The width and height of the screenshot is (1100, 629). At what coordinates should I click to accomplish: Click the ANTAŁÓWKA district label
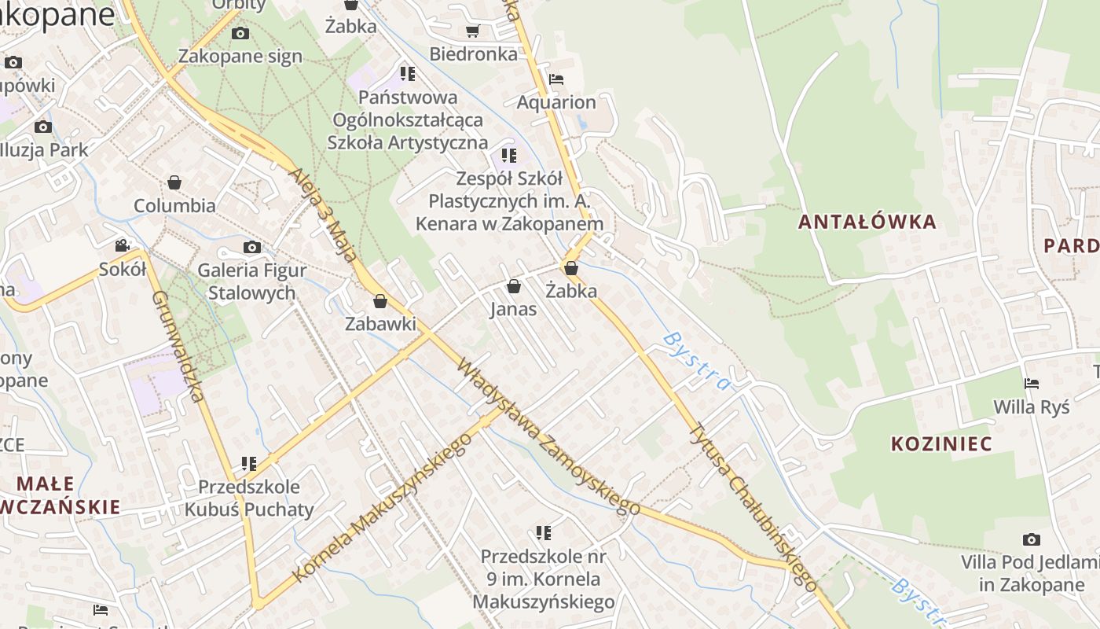[x=867, y=222]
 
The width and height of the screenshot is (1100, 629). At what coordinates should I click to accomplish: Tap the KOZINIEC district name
[x=941, y=443]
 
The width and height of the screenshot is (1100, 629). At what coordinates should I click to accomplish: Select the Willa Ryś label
[x=1031, y=407]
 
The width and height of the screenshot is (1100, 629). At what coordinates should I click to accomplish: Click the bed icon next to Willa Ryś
[x=1031, y=384]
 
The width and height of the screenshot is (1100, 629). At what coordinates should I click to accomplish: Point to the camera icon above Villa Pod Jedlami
[x=1031, y=539]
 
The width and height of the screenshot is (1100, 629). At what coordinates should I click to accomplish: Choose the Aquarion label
[x=555, y=102]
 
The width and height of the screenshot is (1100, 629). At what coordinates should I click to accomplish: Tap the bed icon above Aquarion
[x=555, y=79]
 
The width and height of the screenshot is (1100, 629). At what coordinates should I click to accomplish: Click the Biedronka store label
[x=473, y=54]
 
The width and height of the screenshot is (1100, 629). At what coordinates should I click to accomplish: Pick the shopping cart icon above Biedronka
[x=472, y=31]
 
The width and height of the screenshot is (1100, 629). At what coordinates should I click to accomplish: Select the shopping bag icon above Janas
[x=513, y=286]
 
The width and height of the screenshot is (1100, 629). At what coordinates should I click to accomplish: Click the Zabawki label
[x=380, y=324]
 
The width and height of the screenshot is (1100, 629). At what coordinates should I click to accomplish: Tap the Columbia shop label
[x=174, y=206]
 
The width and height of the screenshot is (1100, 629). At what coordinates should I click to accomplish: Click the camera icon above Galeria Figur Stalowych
[x=251, y=248]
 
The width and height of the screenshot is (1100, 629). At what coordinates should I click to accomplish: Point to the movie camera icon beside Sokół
[x=122, y=246]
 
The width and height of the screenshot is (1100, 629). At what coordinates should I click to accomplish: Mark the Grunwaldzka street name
[x=178, y=346]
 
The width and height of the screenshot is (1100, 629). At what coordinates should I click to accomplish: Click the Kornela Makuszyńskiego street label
[x=382, y=508]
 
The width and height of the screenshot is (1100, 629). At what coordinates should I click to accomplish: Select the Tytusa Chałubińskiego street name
[x=753, y=506]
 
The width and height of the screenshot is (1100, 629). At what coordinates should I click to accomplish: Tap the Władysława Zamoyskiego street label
[x=548, y=437]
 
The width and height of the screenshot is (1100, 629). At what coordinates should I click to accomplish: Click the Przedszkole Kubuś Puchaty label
[x=248, y=498]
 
